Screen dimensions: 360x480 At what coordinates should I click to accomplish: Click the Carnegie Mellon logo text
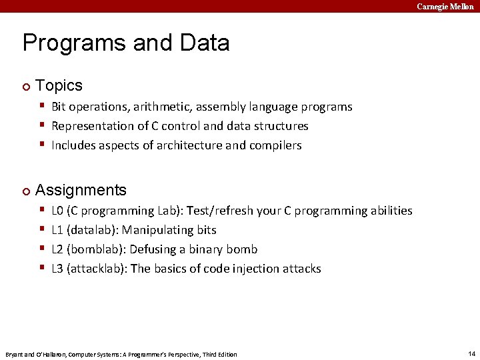click(445, 6)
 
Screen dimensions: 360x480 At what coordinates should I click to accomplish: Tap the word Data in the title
click(204, 43)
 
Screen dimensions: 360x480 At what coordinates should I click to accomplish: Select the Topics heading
click(59, 85)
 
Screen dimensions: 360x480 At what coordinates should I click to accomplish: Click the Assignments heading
click(81, 190)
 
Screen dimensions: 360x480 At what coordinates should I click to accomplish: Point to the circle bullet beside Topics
click(26, 86)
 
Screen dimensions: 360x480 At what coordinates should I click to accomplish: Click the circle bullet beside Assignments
click(26, 191)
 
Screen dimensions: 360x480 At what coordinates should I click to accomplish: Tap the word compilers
click(275, 145)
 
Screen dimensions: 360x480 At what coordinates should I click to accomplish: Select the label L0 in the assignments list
click(58, 211)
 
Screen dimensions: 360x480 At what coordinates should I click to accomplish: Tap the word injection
click(249, 269)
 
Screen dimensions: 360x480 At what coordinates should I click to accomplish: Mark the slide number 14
click(471, 353)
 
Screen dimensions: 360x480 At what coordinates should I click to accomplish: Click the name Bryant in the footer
click(15, 354)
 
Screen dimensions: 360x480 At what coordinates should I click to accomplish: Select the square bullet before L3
click(41, 268)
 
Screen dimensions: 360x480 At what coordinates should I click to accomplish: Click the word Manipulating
click(159, 230)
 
